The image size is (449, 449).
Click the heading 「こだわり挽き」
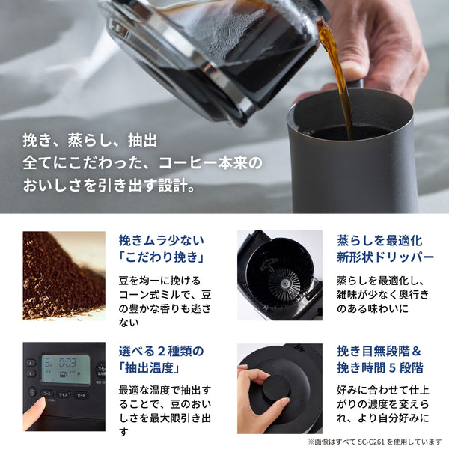point(162,259)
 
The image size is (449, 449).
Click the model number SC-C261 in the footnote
point(369,442)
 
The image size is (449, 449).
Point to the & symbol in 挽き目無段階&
point(418,350)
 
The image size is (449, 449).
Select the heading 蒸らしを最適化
point(379,241)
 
